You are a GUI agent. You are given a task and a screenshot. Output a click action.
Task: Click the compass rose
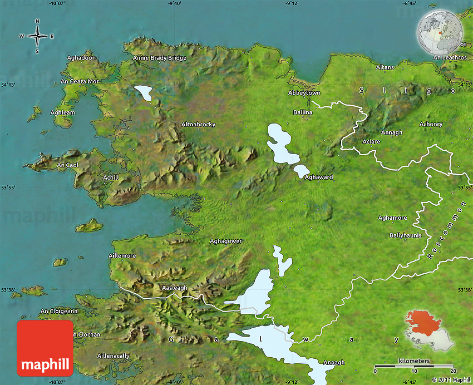(x=37, y=37)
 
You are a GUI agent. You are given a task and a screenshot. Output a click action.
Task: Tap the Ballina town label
(x=303, y=112)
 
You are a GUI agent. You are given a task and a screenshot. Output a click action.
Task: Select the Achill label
(x=111, y=177)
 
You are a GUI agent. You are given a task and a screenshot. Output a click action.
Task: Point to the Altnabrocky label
(x=198, y=125)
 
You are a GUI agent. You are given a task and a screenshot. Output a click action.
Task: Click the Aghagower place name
(x=226, y=241)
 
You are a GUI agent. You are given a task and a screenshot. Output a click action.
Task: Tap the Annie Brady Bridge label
(x=160, y=58)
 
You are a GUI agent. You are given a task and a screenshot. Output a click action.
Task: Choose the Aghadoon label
(x=81, y=58)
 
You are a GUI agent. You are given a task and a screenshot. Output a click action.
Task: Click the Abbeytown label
(x=304, y=93)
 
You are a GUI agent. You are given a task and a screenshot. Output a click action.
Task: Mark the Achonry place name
(x=431, y=124)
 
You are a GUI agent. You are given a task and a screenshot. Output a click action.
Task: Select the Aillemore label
(x=122, y=255)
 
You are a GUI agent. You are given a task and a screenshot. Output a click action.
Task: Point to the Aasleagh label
(x=174, y=288)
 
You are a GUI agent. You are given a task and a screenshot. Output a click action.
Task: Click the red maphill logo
(x=45, y=348)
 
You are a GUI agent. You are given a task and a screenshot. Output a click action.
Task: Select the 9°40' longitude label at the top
(x=174, y=3)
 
